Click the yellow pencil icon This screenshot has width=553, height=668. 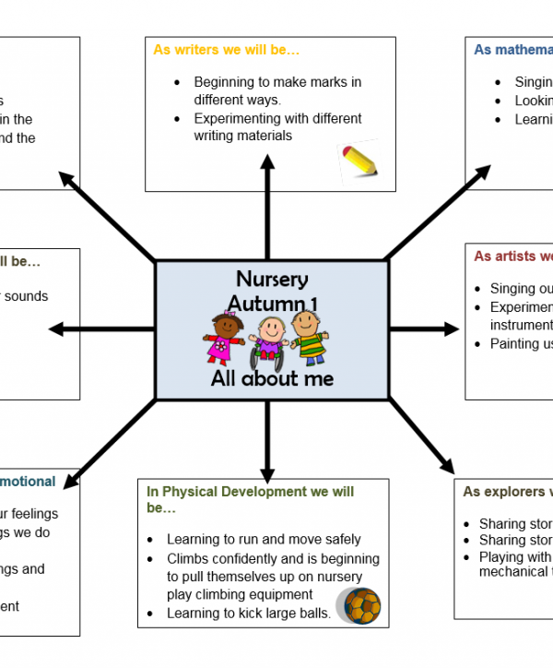pyautogui.click(x=359, y=160)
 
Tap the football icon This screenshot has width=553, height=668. pyautogui.click(x=360, y=605)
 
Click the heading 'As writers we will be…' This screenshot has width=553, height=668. pyautogui.click(x=227, y=50)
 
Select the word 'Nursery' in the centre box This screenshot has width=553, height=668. pyautogui.click(x=272, y=279)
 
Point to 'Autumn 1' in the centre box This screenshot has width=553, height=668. pyautogui.click(x=272, y=303)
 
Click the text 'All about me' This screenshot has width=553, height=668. pyautogui.click(x=272, y=378)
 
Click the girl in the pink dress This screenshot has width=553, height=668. pyautogui.click(x=224, y=339)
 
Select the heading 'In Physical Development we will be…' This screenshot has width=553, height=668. pyautogui.click(x=249, y=499)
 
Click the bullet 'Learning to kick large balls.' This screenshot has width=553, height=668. pyautogui.click(x=248, y=613)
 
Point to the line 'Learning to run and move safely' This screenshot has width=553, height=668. pyautogui.click(x=264, y=539)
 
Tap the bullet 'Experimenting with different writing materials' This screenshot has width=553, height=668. pyautogui.click(x=277, y=127)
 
